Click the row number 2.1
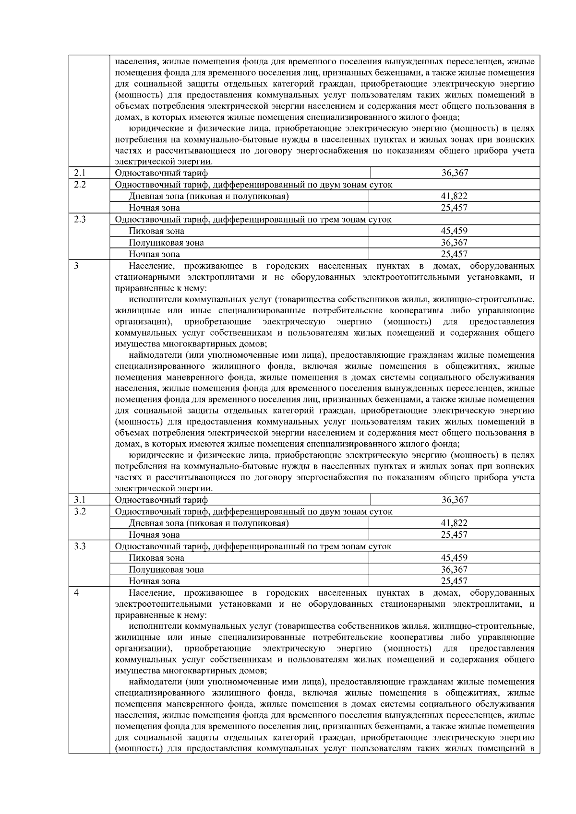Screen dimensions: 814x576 coord(79,173)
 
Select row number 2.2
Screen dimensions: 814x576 coord(79,185)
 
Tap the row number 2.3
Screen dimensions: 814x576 coord(79,220)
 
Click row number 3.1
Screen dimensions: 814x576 coord(79,500)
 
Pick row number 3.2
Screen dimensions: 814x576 coord(79,511)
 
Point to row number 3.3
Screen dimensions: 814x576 coord(79,546)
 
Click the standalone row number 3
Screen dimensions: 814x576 coord(76,266)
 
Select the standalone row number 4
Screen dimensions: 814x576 coord(76,593)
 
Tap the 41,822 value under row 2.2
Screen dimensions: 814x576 coord(454,196)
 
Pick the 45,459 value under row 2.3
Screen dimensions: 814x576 coord(454,231)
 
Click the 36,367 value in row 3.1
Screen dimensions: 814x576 coord(454,500)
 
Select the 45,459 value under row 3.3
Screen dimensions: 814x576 coord(454,558)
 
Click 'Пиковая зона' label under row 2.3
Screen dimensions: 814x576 coord(156,231)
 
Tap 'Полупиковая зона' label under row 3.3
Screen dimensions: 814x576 coord(166,570)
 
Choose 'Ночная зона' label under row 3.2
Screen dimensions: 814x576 coord(154,535)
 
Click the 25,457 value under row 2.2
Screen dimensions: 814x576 coord(454,208)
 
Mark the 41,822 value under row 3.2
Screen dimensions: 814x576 coord(454,523)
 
